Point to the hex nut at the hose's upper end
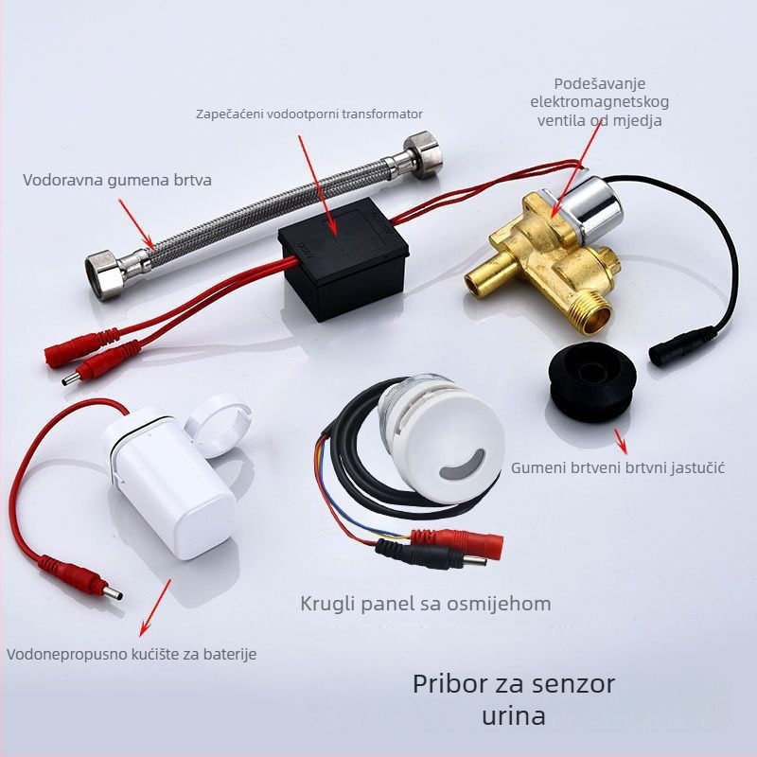click(423, 153)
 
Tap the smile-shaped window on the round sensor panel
click(462, 465)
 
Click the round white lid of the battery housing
click(220, 425)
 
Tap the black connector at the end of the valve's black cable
click(681, 345)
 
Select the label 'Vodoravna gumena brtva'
click(117, 180)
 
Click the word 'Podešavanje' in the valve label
click(600, 84)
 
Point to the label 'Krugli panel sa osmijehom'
click(425, 604)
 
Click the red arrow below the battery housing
click(155, 607)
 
